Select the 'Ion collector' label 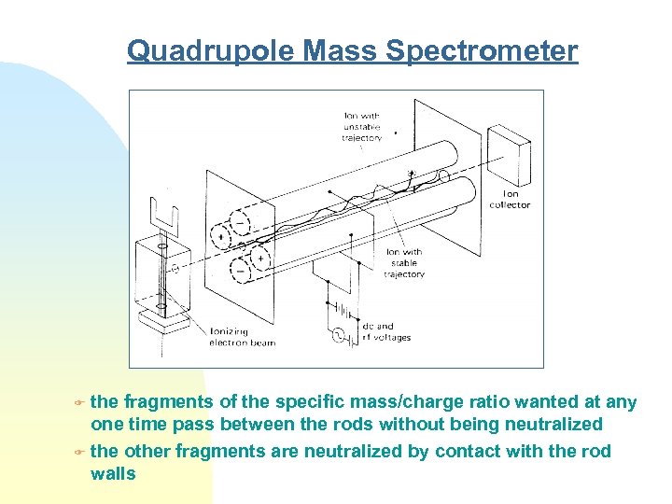[x=510, y=200]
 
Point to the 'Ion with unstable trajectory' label [x=362, y=127]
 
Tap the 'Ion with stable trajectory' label [x=404, y=263]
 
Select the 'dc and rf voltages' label [x=385, y=332]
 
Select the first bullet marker [x=80, y=403]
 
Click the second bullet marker [x=80, y=452]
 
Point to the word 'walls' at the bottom [x=113, y=473]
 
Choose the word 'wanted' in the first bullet [x=545, y=402]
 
